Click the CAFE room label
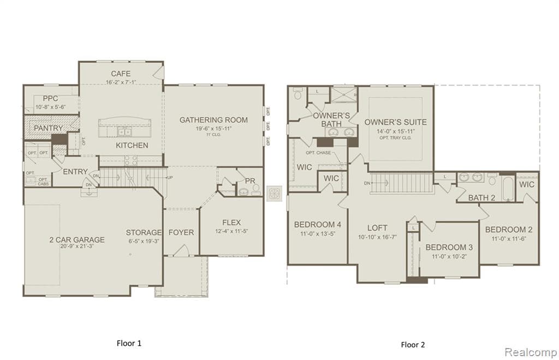121,74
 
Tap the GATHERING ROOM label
213,120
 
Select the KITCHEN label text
132,146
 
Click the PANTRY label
49,128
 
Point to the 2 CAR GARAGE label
76,239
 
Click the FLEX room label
231,223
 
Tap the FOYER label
181,232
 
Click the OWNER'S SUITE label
395,122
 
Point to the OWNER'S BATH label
331,119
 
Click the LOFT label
377,228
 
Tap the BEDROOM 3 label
449,247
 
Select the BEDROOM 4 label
318,224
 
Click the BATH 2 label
481,197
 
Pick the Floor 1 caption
129,343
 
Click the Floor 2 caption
413,344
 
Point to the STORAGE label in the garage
144,232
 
